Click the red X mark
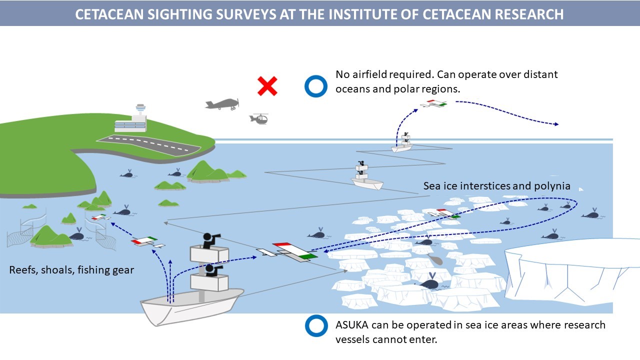[267, 86]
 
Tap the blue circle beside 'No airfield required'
[315, 86]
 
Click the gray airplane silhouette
[222, 104]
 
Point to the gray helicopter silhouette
[259, 118]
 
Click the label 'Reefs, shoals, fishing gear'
[71, 270]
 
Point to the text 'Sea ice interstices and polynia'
[496, 186]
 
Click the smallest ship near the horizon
[402, 147]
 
